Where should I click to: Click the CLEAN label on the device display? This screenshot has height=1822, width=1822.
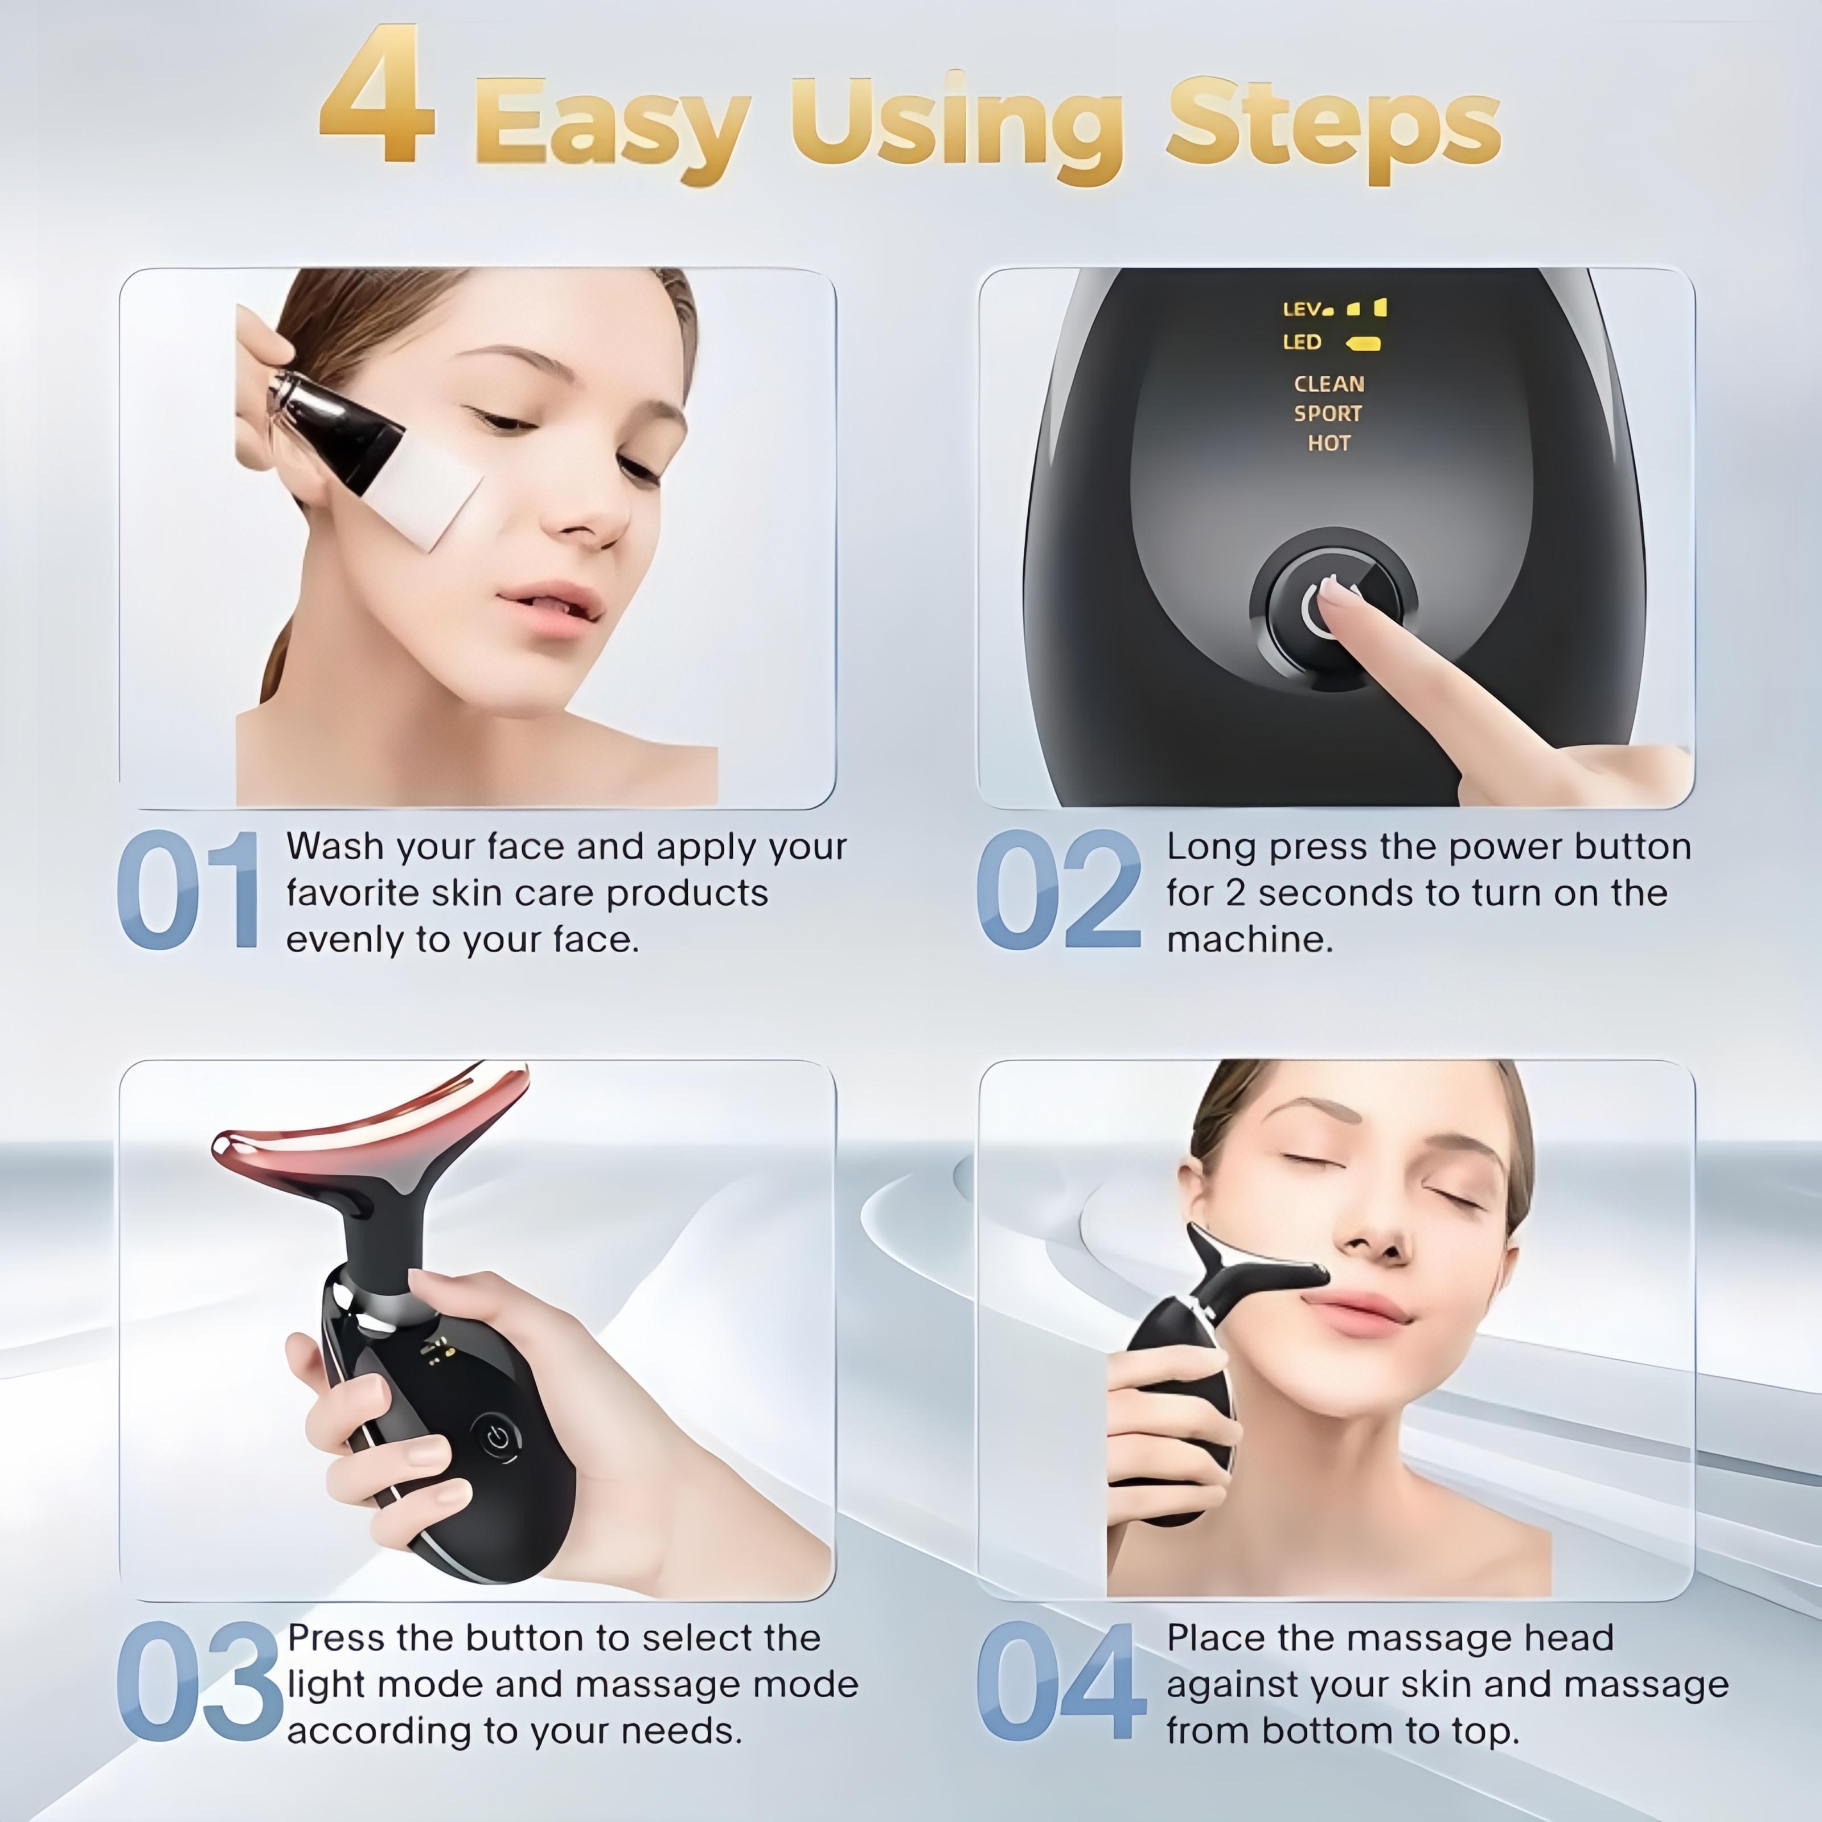pyautogui.click(x=1329, y=384)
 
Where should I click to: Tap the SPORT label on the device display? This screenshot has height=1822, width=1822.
pyautogui.click(x=1328, y=413)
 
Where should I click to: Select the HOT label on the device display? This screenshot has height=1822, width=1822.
pyautogui.click(x=1329, y=442)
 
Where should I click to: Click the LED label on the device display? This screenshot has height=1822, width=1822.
pyautogui.click(x=1302, y=342)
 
